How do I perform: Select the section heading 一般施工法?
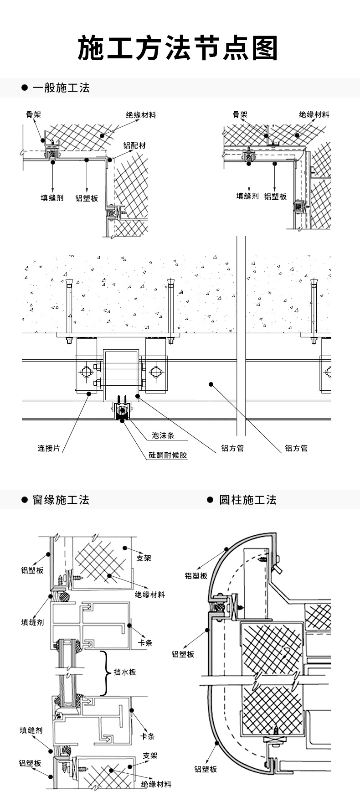(61, 88)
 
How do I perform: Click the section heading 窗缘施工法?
(61, 500)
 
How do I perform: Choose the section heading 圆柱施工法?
(248, 500)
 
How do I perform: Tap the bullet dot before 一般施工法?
(25, 88)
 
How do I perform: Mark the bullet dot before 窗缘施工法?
(25, 500)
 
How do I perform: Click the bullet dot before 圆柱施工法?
(210, 500)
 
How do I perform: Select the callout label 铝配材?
(134, 146)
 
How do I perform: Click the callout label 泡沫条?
(163, 435)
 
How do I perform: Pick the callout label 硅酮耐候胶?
(168, 455)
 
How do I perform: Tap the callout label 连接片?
(49, 448)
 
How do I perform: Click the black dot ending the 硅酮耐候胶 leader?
(122, 421)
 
